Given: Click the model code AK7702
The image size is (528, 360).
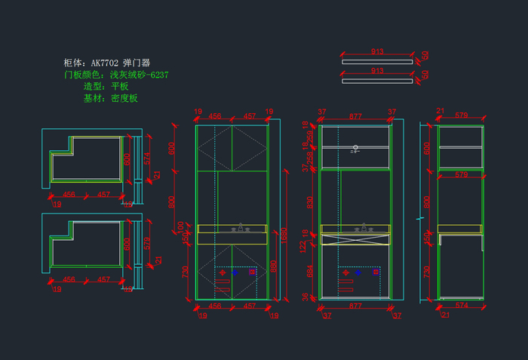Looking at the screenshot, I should [105, 63].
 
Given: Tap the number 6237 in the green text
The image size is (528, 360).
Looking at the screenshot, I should [159, 75].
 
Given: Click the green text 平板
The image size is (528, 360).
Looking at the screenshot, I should [120, 87].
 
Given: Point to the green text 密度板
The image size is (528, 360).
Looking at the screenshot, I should [124, 98].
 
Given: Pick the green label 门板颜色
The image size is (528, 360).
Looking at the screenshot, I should [83, 75].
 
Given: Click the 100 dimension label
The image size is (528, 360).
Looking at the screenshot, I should [180, 226].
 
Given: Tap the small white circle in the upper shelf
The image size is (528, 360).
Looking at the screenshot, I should [355, 148].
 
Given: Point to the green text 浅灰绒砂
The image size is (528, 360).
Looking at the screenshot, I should [128, 75].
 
